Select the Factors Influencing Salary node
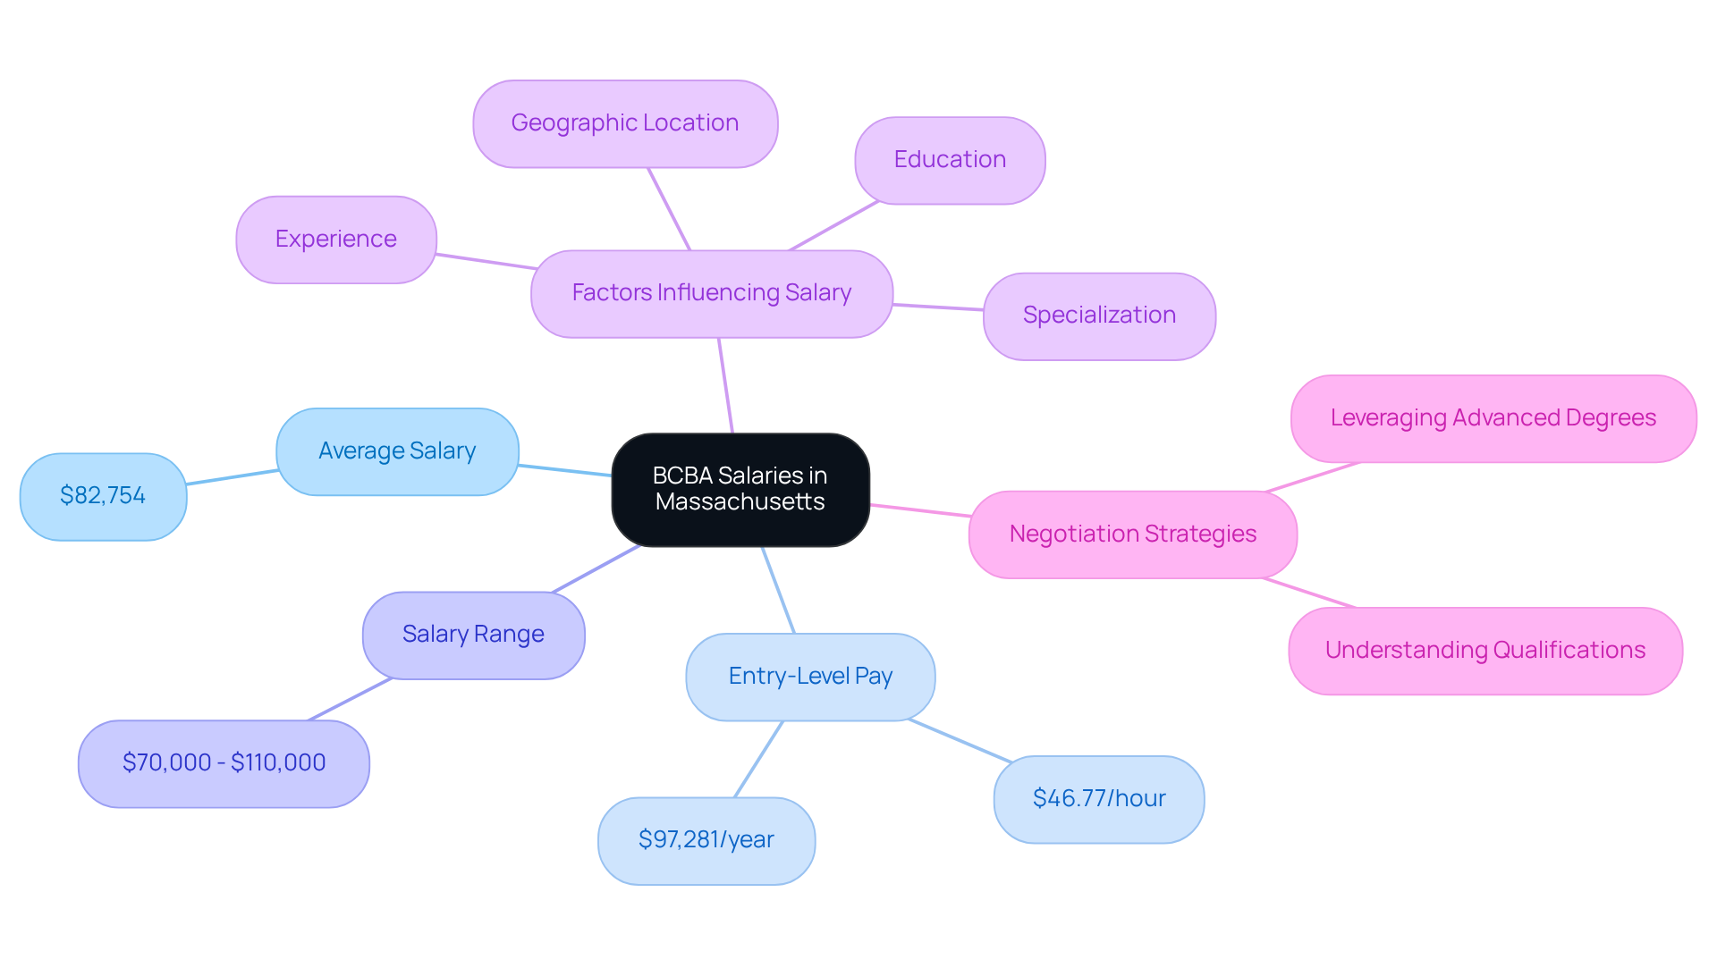click(711, 293)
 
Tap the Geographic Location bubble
click(624, 123)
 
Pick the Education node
click(949, 160)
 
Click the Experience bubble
click(335, 240)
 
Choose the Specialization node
click(1098, 316)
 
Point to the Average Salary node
click(397, 451)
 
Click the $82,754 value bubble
click(103, 496)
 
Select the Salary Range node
click(473, 635)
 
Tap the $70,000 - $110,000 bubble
click(224, 763)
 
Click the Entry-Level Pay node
click(810, 677)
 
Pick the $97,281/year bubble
click(706, 840)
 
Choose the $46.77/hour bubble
click(1098, 799)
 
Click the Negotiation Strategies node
click(1132, 535)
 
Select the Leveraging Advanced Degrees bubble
click(1493, 418)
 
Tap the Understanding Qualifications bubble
click(1484, 651)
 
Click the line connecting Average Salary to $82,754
click(233, 477)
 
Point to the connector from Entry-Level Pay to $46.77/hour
click(960, 741)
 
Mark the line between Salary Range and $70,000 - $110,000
click(351, 699)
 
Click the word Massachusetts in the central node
click(740, 502)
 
